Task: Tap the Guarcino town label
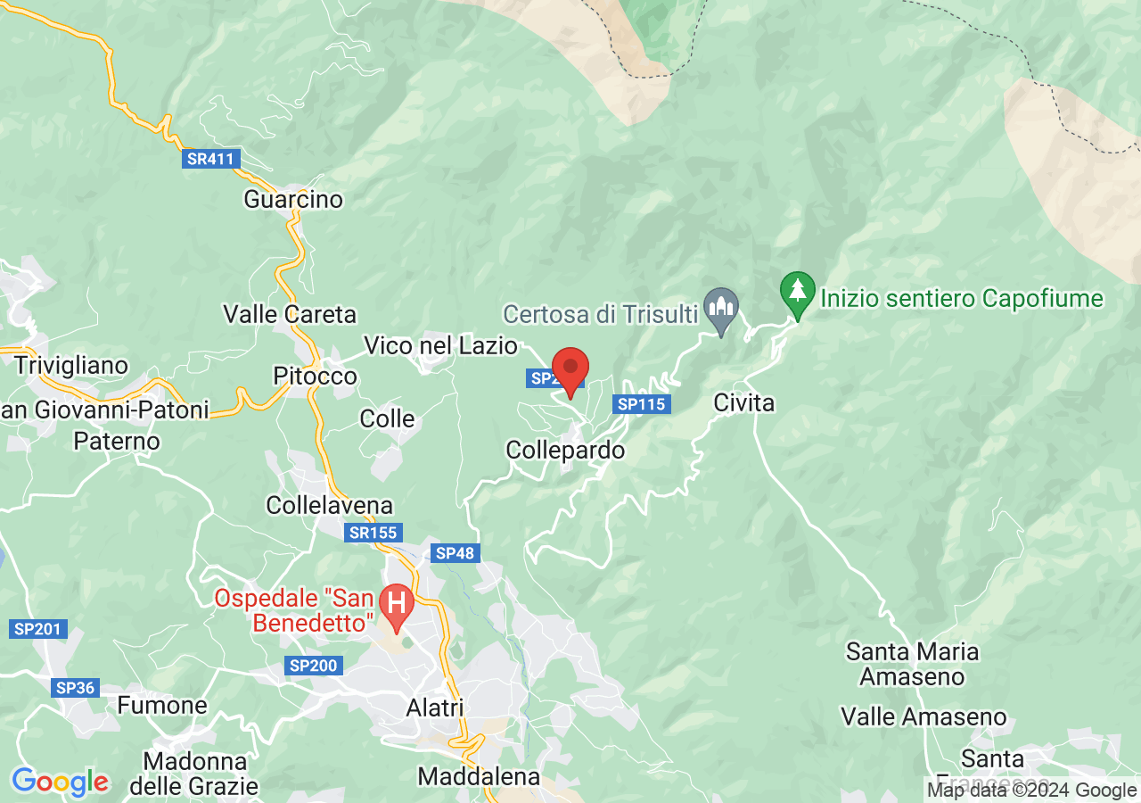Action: [x=293, y=199]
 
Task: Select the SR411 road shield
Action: [x=210, y=160]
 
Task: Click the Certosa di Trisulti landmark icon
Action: [x=720, y=309]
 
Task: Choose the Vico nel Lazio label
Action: [x=440, y=345]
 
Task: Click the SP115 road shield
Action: [x=642, y=404]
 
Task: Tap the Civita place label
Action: [x=744, y=403]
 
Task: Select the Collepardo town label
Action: [x=565, y=451]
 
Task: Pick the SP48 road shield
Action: [x=455, y=553]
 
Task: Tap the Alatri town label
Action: [x=434, y=708]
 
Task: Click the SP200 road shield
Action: [x=313, y=666]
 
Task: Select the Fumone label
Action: [x=162, y=706]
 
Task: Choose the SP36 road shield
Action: [x=75, y=688]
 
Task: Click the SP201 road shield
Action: [x=37, y=629]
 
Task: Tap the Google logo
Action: [x=60, y=782]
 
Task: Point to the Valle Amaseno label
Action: [x=923, y=716]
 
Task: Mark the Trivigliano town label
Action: [x=71, y=366]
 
